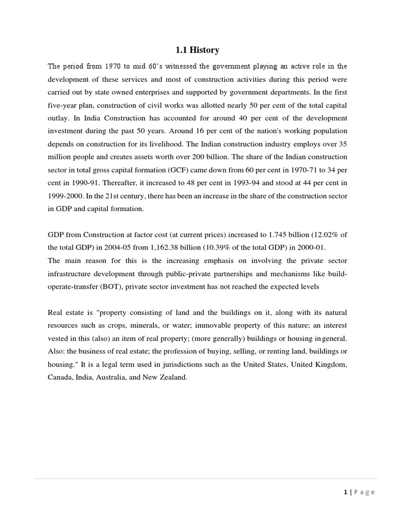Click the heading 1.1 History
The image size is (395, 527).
pos(197,50)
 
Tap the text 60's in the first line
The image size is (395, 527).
pos(153,66)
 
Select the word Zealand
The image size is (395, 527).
pos(174,377)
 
